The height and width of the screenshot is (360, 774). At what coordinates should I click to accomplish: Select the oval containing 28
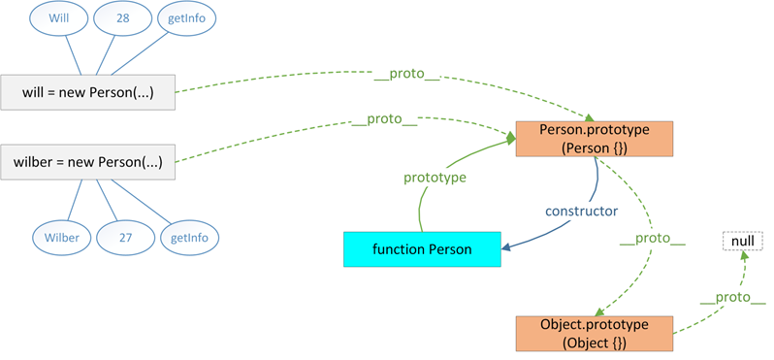click(x=121, y=18)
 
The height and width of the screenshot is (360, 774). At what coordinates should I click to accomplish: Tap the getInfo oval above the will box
click(x=187, y=18)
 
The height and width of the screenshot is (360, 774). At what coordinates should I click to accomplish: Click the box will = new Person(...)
click(x=88, y=94)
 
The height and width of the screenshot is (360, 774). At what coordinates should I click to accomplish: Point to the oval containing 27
click(x=124, y=237)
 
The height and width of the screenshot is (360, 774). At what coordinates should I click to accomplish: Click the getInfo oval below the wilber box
click(x=190, y=237)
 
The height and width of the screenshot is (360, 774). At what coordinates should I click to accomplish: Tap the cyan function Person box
click(x=422, y=249)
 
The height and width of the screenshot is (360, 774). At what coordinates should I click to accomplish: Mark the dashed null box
click(x=742, y=239)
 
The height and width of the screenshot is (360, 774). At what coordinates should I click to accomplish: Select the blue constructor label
click(x=581, y=210)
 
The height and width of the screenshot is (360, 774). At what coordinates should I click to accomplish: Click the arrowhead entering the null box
click(x=744, y=255)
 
